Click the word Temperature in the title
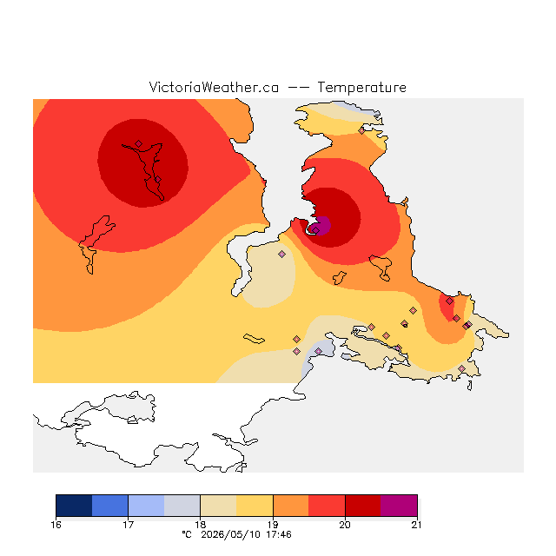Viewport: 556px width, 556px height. pos(361,87)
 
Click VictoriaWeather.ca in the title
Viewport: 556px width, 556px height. pos(214,87)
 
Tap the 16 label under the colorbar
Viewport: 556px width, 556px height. pos(56,525)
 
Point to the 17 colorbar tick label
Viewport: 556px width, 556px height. pos(128,525)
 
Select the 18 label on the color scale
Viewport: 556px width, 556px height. pos(201,525)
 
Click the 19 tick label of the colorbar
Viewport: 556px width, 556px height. pos(273,525)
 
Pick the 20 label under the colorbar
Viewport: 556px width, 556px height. pos(345,525)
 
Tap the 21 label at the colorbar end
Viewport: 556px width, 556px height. pos(417,525)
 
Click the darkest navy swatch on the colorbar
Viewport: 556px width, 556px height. pos(74,506)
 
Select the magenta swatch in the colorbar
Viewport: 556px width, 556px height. pos(399,506)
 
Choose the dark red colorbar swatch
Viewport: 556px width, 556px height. pos(363,506)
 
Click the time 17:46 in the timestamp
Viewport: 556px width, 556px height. pos(279,535)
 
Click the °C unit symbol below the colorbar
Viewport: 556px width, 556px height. pos(187,535)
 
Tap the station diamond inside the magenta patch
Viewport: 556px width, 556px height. pos(316,230)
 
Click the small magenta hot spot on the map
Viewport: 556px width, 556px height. pos(321,225)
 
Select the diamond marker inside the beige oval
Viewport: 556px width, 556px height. pos(281,254)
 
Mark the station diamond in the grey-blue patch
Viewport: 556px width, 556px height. pos(319,351)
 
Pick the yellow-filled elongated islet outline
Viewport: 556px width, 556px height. pos(254,339)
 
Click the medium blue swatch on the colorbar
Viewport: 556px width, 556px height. pos(110,506)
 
